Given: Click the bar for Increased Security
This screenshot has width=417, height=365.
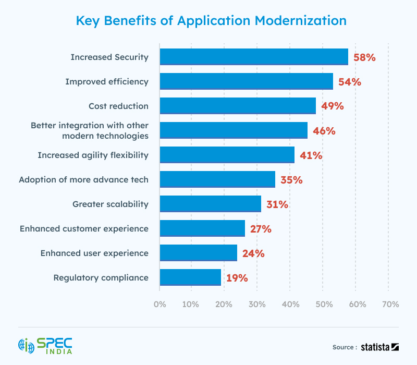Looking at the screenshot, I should click(253, 57).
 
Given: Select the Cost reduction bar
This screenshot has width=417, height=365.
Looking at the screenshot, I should click(238, 106).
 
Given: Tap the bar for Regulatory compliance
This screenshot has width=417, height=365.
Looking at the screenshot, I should click(190, 277).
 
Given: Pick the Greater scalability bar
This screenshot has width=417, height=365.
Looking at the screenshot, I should click(210, 204).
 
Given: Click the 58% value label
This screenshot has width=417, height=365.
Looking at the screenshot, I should click(364, 57).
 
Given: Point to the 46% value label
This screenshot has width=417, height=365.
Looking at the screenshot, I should click(324, 131).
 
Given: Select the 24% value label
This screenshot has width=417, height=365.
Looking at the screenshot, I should click(253, 253).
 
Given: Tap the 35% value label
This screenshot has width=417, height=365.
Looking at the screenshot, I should click(291, 180).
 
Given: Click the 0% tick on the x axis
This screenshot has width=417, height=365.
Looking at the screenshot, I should click(160, 304).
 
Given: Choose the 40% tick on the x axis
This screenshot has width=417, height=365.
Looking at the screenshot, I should click(290, 304).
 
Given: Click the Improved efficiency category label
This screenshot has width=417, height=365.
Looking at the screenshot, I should click(107, 82).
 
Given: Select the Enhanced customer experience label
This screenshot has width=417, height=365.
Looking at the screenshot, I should click(84, 229).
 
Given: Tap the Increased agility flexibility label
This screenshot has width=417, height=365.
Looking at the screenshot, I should click(93, 155).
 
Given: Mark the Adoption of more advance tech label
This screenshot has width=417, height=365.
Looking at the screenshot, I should click(83, 180).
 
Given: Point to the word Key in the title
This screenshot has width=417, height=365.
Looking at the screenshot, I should click(88, 21).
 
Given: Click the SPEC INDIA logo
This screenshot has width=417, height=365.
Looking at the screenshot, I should click(45, 346).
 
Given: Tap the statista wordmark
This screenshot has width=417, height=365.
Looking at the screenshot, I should click(380, 347).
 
